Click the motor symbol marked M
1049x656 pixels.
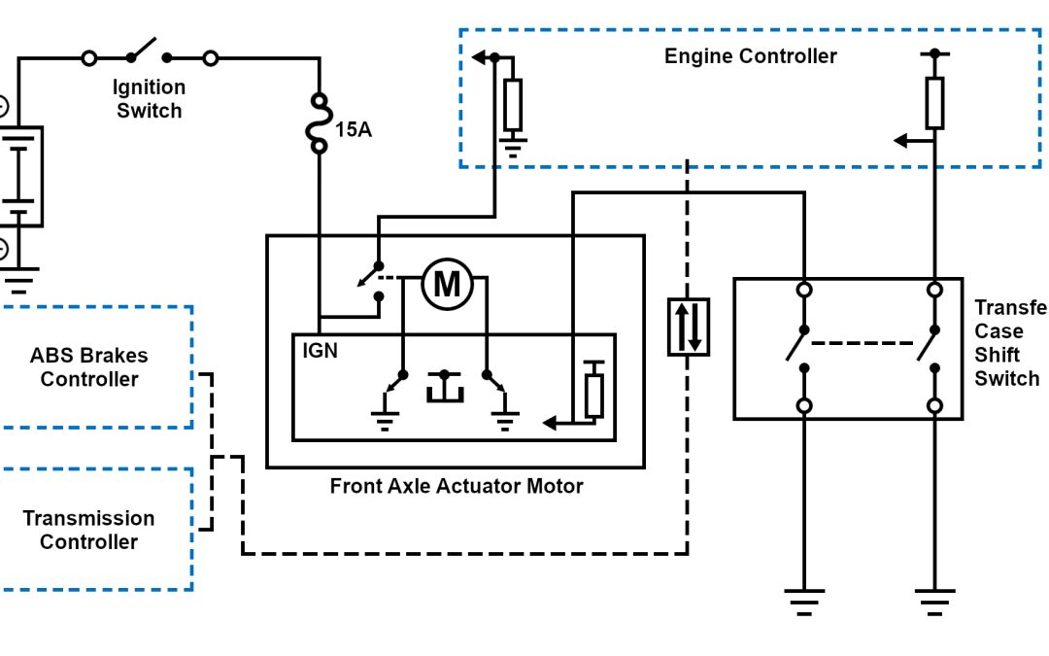(447, 285)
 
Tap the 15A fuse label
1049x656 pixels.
(354, 129)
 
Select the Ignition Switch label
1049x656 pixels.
(150, 99)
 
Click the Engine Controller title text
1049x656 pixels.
(750, 56)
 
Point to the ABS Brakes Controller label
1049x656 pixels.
(89, 367)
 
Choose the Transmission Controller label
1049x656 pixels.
(88, 530)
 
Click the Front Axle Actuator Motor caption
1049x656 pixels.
(457, 486)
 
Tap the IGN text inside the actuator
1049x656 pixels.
(320, 350)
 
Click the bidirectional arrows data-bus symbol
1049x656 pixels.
(688, 327)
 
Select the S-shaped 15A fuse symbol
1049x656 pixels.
(319, 124)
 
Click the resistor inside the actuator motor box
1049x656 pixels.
(594, 395)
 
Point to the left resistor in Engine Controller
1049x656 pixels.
(513, 104)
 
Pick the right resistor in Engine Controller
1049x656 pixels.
(934, 103)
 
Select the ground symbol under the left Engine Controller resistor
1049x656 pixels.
(513, 149)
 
